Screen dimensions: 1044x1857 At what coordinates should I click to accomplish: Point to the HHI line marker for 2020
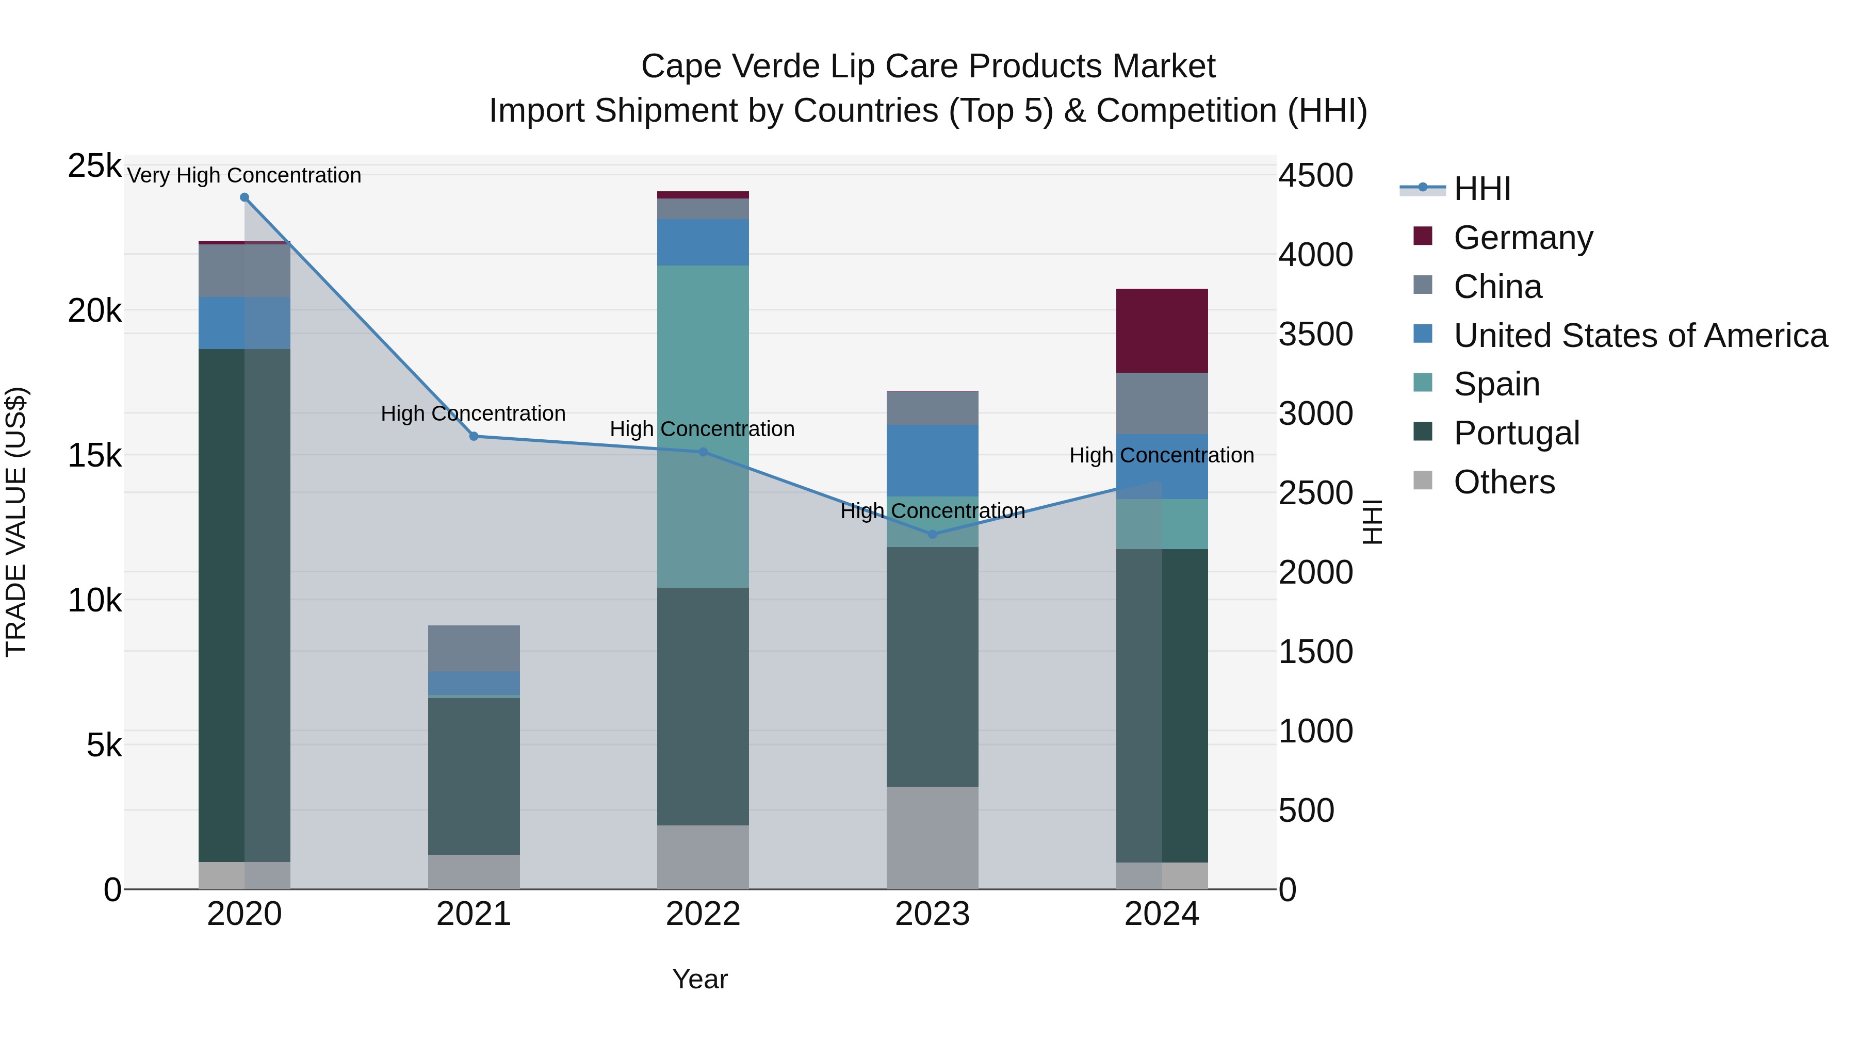coord(245,197)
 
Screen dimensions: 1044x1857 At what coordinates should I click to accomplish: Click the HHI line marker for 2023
coord(932,535)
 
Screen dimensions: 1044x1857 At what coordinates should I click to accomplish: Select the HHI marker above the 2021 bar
coord(474,437)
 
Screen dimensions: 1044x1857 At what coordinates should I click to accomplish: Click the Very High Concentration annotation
coord(245,176)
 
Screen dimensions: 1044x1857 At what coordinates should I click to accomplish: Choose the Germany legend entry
coord(1523,238)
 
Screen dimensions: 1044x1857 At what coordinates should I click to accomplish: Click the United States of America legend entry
coord(1640,336)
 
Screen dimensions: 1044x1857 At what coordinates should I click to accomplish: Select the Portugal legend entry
coord(1516,433)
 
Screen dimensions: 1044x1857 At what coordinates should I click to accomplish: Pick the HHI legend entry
coord(1481,189)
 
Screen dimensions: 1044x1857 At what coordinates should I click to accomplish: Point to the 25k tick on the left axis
coord(94,167)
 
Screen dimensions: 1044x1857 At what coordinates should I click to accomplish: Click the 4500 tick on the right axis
coord(1315,176)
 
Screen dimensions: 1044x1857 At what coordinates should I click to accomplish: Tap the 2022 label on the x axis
coord(703,914)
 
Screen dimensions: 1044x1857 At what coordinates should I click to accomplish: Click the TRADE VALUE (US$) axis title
coord(16,522)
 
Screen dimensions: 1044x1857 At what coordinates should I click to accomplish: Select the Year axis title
coord(700,979)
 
